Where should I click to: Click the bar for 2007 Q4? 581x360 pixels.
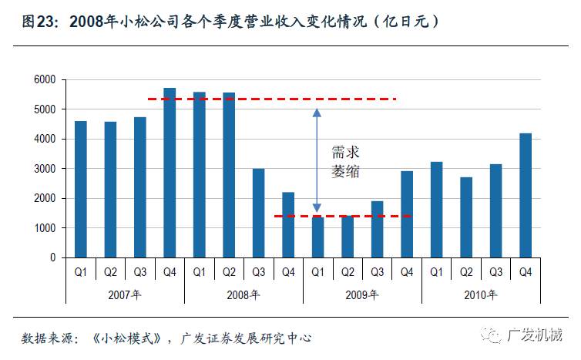170,173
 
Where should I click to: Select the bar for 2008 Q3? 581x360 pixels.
258,213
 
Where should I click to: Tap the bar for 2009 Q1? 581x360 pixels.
317,237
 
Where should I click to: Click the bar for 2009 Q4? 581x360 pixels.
406,214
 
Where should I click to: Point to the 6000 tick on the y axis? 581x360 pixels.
45,79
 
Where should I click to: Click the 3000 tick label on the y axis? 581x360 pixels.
45,169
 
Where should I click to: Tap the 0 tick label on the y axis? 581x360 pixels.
52,257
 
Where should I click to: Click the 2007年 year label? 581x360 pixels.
125,294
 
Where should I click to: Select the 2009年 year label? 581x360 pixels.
362,294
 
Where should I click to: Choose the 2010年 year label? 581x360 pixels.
481,294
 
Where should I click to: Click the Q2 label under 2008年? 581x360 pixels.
229,271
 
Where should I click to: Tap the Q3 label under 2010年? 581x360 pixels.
495,271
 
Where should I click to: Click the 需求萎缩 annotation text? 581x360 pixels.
345,162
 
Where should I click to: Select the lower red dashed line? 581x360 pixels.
343,216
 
